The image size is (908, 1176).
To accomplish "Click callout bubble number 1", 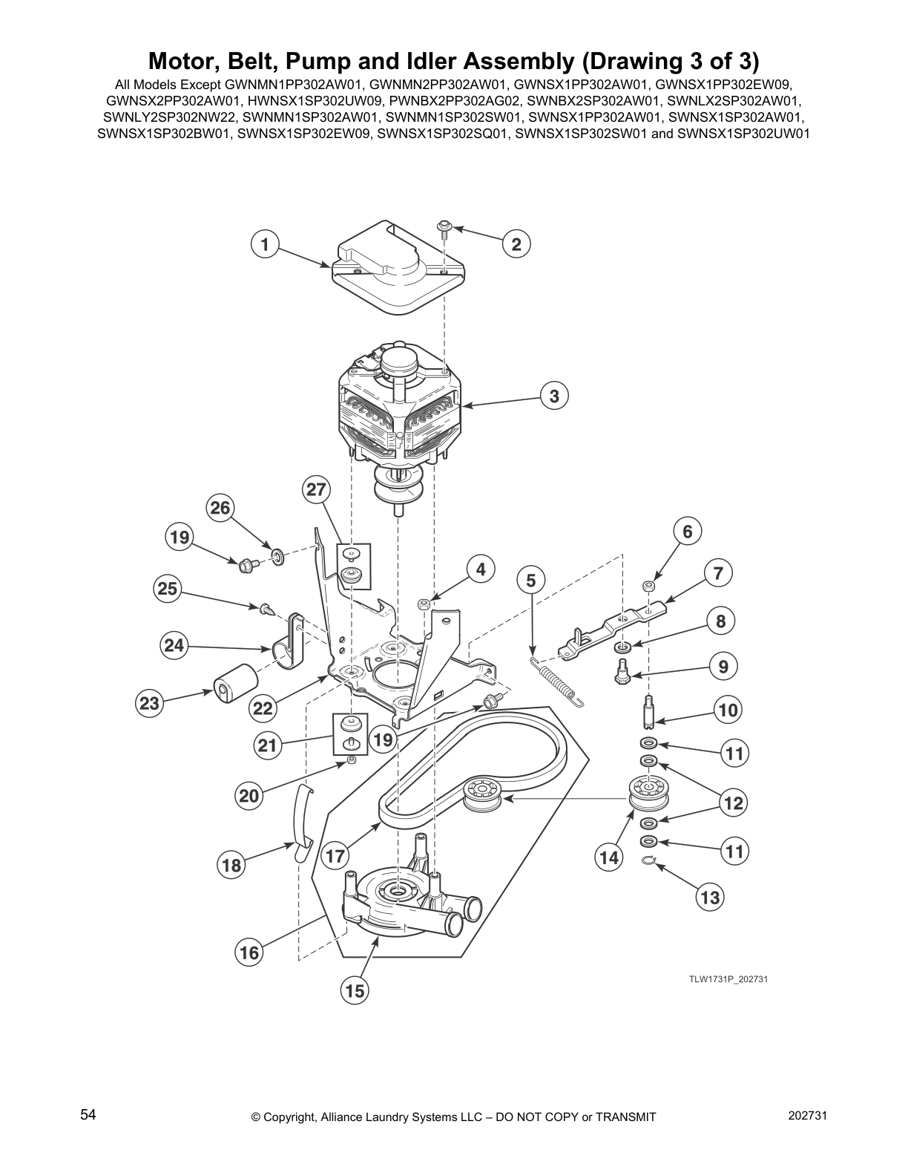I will [x=264, y=243].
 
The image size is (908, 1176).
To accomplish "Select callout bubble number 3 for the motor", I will [x=554, y=396].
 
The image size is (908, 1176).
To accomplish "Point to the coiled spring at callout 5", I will [x=557, y=680].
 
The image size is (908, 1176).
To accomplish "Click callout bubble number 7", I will [x=717, y=572].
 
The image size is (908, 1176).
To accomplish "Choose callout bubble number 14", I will [x=609, y=857].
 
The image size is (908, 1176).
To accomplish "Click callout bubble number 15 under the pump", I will [x=355, y=990].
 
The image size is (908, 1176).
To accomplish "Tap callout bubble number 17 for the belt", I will [x=335, y=855].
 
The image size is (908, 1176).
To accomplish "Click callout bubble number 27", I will [x=317, y=490].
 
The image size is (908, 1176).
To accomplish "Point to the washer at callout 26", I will [x=277, y=555].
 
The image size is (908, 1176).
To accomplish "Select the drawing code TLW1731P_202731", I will [x=728, y=979].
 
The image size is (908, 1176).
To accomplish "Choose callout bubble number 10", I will [x=728, y=710].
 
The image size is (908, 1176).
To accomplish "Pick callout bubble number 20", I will [x=249, y=796].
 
